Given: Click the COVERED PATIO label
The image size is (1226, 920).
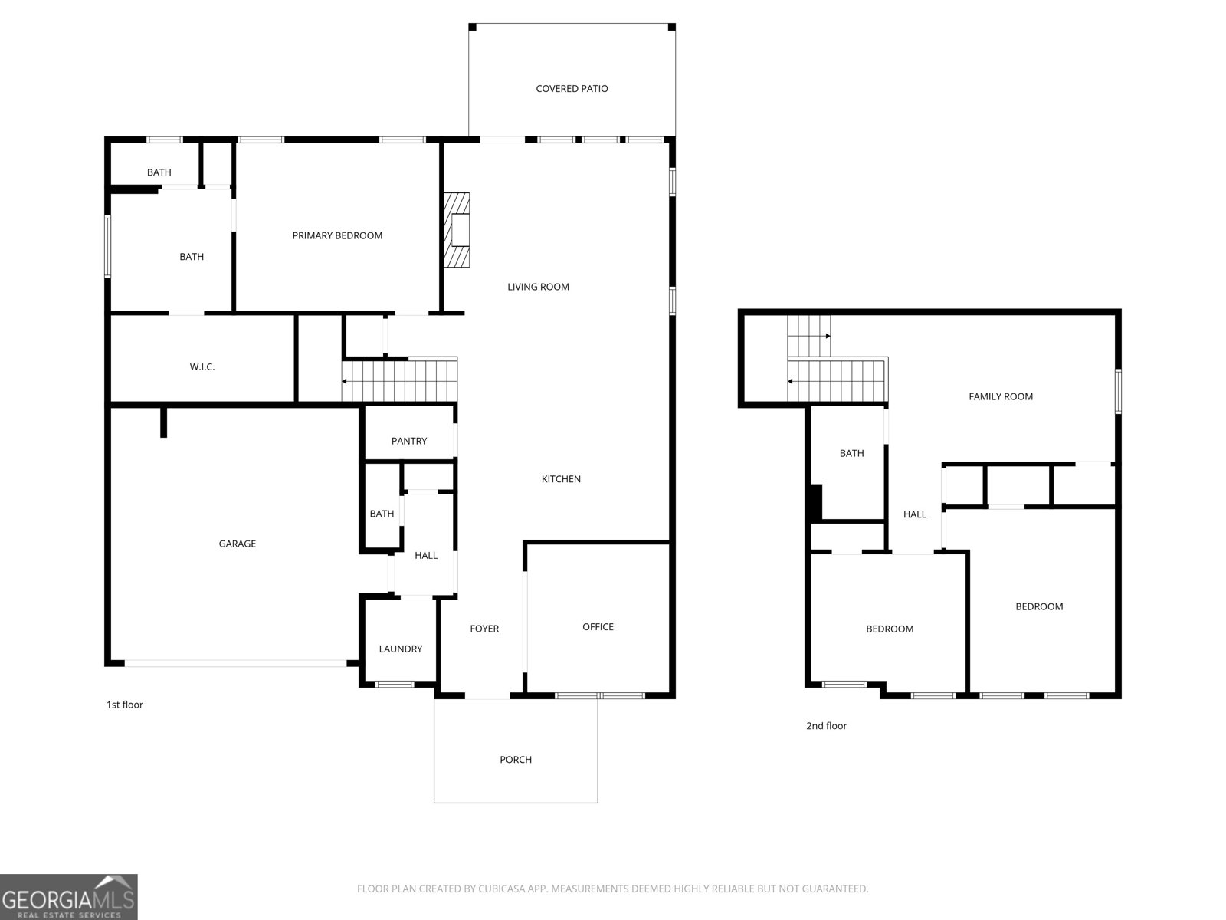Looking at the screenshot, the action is coord(572,89).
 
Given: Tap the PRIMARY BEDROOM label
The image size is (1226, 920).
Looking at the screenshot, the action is coord(337,235).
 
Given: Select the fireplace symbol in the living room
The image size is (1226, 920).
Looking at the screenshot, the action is coord(457,230).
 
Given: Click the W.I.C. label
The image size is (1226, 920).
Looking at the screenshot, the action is coord(202,367).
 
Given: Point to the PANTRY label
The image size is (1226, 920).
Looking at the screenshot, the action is coord(409,442).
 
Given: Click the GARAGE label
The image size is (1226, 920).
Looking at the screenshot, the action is coord(238,544).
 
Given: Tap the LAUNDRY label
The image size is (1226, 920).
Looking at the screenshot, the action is coord(401,649).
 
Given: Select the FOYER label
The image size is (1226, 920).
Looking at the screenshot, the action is coord(484,629).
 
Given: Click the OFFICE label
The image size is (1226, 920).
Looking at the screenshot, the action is coord(598,627).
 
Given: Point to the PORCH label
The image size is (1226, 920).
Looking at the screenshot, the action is coord(516,760).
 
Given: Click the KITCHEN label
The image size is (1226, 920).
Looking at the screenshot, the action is coord(561,479).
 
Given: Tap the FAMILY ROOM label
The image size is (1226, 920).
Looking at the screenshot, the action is coord(1001,396).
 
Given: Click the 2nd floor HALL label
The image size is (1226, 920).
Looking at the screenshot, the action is coord(915,514).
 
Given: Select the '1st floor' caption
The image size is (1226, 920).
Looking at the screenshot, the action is coord(125,705).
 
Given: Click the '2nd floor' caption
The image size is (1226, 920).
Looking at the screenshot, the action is coord(826,726).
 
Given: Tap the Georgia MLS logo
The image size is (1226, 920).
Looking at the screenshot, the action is coord(69,897).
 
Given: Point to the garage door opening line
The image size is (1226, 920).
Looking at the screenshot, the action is coord(236,664).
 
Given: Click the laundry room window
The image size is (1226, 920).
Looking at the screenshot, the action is coord(395,685).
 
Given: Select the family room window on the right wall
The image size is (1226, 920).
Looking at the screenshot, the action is coord(1118,391).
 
